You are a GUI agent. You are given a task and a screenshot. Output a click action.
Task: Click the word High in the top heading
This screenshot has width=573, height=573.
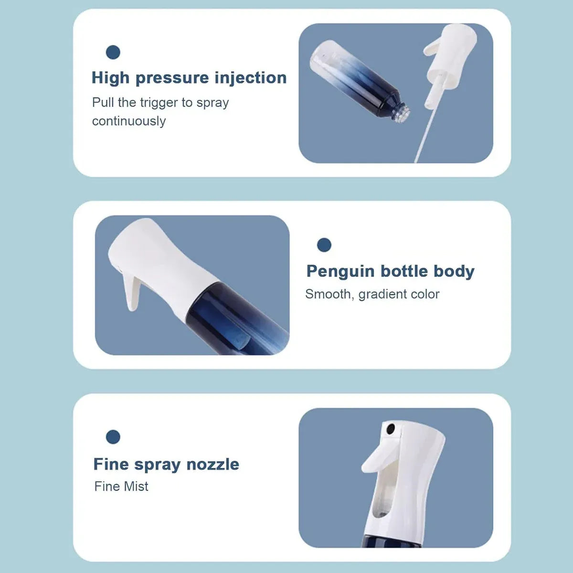[110, 78]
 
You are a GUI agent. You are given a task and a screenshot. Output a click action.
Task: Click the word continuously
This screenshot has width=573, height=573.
[129, 121]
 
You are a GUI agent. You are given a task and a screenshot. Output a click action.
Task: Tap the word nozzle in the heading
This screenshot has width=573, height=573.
[212, 464]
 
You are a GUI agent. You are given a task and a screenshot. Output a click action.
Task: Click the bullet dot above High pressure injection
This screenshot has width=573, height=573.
[113, 53]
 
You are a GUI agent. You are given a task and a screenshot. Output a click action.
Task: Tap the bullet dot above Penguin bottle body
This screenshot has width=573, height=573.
[324, 245]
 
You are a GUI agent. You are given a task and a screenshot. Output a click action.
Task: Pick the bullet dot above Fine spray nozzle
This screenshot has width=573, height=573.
[113, 437]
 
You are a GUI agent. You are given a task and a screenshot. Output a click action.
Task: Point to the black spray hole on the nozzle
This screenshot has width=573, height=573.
[391, 428]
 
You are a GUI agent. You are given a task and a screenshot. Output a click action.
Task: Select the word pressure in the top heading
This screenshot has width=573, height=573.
[172, 78]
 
